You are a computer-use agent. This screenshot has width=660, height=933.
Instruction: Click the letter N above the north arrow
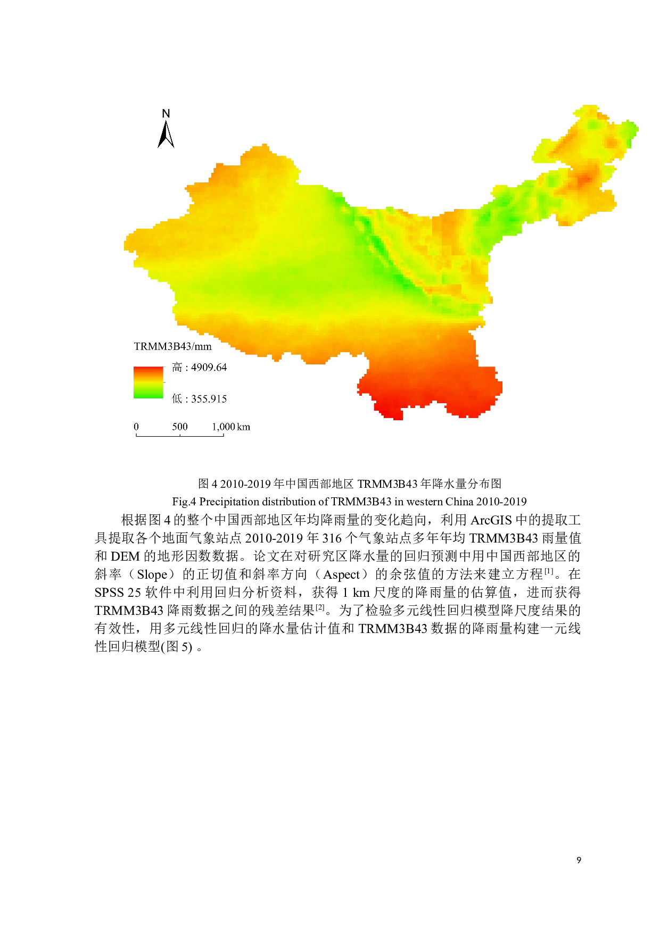point(166,113)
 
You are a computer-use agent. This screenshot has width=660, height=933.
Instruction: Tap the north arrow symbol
point(166,135)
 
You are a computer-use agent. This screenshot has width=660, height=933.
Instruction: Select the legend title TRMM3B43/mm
point(172,347)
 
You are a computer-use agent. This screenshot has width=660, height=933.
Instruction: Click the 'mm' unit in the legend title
point(203,347)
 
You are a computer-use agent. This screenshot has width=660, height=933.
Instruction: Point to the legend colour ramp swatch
point(148,382)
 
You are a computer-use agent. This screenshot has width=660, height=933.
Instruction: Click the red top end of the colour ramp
point(148,369)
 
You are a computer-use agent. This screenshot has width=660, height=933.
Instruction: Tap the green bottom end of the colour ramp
point(148,395)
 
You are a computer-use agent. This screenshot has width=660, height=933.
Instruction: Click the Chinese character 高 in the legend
point(177,368)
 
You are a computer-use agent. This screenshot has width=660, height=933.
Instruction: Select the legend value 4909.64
point(209,368)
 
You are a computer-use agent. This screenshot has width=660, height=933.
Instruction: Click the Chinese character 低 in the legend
point(177,399)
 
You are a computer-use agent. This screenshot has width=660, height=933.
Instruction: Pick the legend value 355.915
point(209,399)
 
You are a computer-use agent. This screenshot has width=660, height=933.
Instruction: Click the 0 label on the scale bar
point(136,427)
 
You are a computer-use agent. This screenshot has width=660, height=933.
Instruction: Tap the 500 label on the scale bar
point(180,427)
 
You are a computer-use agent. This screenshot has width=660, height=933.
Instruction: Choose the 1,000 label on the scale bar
point(224,427)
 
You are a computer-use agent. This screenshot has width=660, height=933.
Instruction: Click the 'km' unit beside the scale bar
point(244,427)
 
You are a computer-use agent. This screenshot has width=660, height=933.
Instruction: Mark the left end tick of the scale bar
point(136,435)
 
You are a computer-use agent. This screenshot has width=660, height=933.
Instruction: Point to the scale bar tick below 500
point(180,435)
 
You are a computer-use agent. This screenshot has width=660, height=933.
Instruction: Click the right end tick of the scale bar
point(224,435)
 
